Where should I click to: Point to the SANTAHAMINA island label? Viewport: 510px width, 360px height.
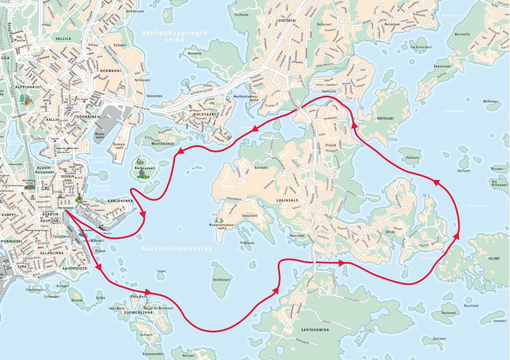[x=316, y=330]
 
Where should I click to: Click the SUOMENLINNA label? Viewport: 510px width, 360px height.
[x=138, y=312]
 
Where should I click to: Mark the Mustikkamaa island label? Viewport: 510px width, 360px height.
[x=161, y=143]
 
